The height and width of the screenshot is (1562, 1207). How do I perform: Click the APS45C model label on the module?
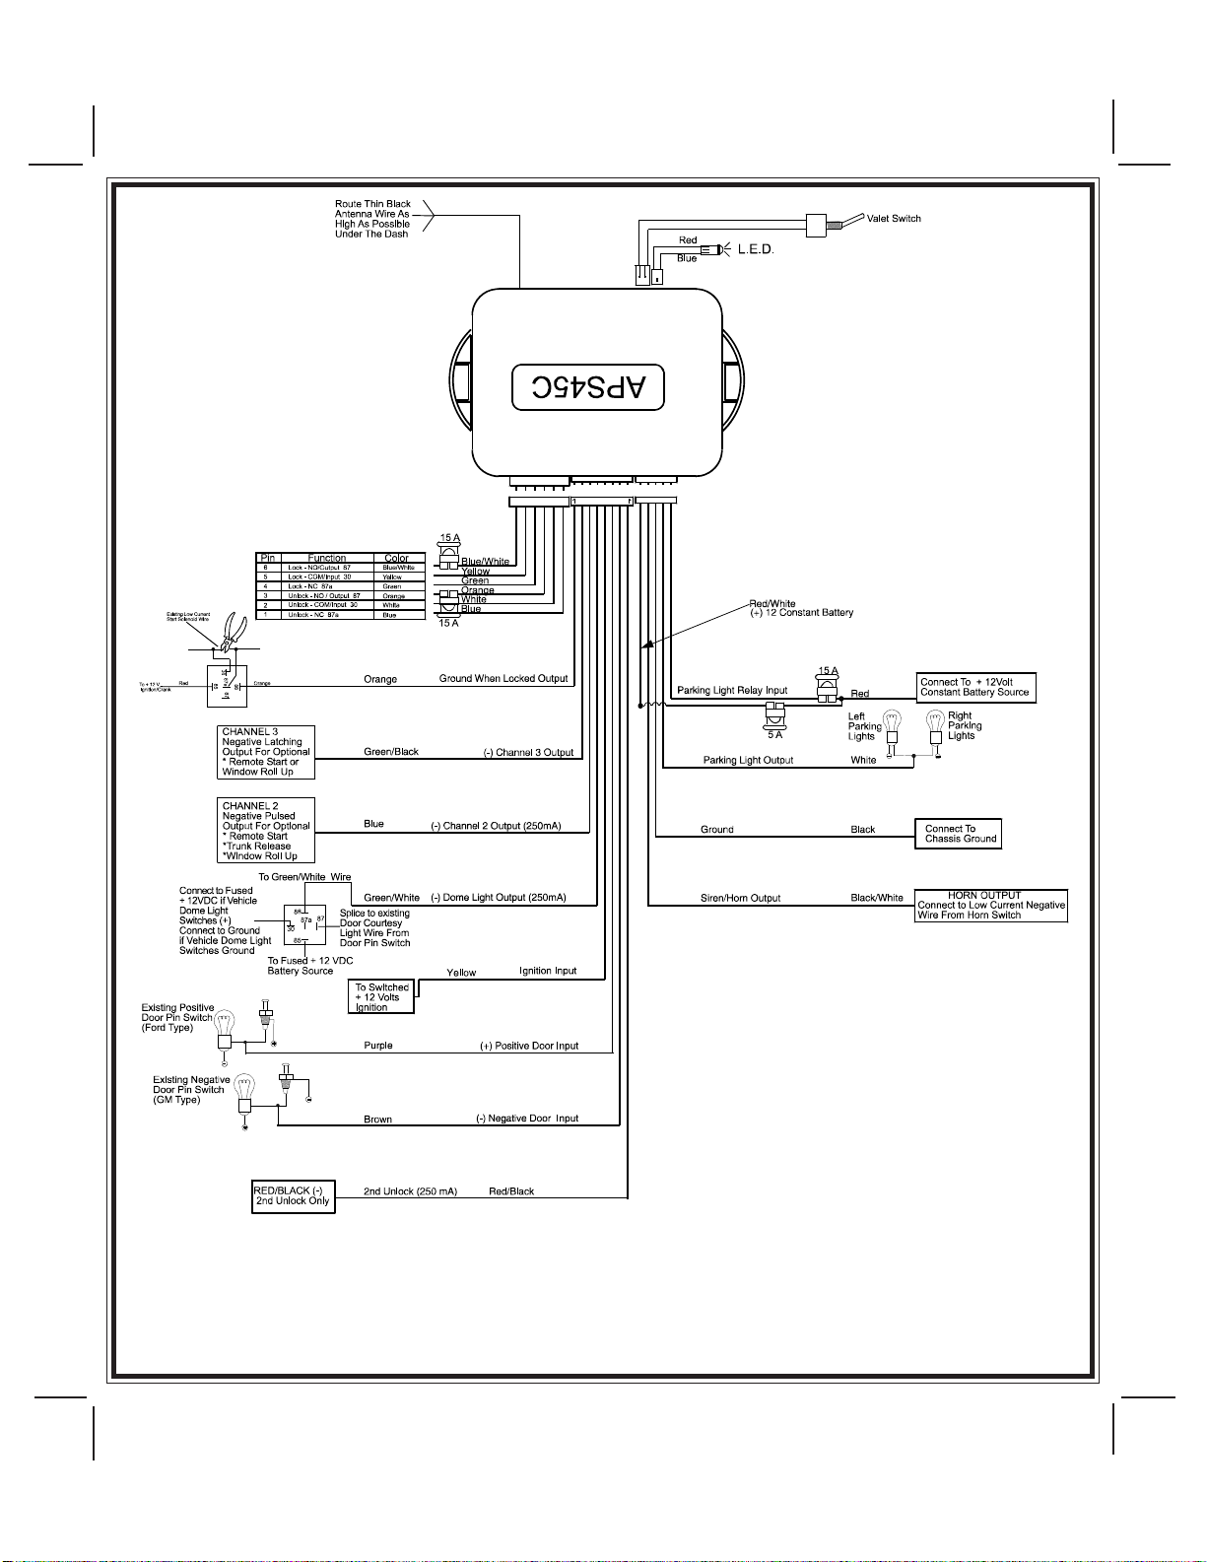[588, 387]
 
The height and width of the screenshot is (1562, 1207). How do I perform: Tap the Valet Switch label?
[894, 219]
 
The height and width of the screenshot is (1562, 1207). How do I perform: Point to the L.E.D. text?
[756, 250]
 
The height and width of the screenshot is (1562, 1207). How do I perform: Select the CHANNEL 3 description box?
[266, 752]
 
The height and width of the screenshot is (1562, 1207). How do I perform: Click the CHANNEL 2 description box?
[266, 831]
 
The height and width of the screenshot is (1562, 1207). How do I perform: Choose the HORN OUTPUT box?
[991, 906]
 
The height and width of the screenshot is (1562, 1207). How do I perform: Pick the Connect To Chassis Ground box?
[958, 834]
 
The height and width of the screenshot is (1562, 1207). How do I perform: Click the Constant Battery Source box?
[975, 687]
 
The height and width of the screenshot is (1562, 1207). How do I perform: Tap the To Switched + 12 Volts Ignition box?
[381, 996]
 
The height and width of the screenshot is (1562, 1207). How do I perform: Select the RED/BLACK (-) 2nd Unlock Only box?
[294, 1196]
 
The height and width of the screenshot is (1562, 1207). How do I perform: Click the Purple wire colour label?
[378, 1046]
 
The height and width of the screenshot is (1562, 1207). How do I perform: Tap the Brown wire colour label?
[378, 1120]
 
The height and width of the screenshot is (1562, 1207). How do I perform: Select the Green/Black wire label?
[391, 752]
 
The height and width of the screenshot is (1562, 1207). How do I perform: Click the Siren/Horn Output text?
[740, 898]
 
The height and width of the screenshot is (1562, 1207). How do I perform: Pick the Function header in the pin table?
[327, 558]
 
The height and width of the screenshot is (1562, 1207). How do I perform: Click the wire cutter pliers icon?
[234, 631]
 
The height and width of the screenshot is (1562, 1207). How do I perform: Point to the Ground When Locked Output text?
[503, 678]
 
